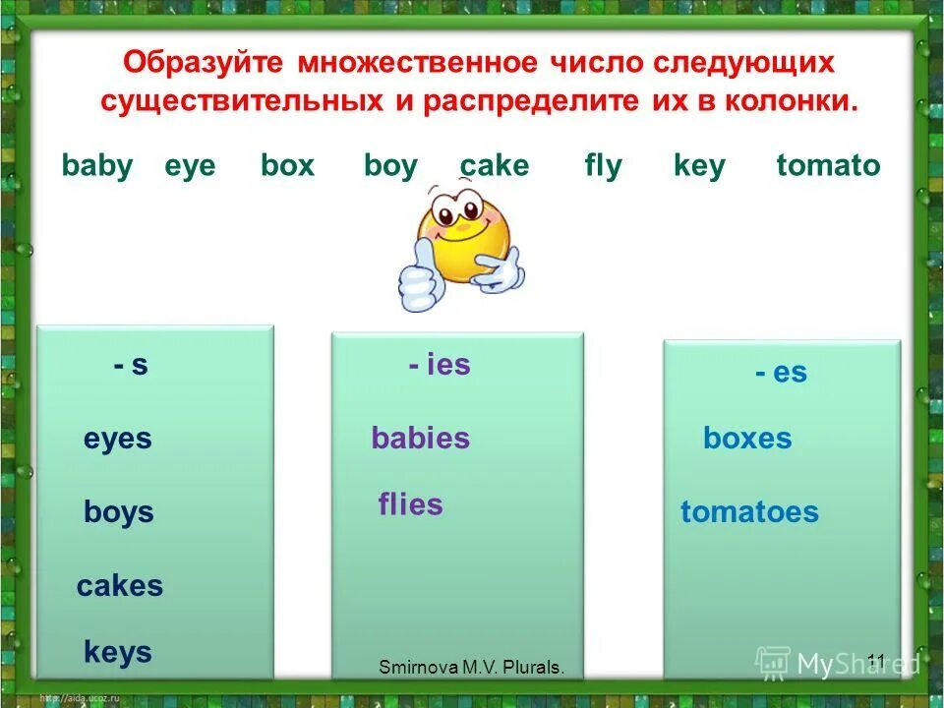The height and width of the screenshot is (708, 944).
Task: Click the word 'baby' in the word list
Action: click(x=96, y=165)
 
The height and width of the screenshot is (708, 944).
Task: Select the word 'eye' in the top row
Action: click(x=189, y=166)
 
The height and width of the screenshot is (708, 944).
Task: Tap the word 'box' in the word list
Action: click(x=287, y=165)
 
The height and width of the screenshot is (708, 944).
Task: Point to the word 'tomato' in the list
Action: click(x=828, y=165)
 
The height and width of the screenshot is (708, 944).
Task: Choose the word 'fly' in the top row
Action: click(x=603, y=166)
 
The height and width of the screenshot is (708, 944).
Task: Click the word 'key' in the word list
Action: click(x=699, y=166)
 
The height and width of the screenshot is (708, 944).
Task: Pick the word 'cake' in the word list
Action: click(x=495, y=165)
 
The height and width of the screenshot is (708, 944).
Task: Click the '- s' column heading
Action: click(x=130, y=366)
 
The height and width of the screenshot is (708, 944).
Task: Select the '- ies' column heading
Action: click(x=440, y=366)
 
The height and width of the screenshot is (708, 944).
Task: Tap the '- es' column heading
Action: click(x=781, y=373)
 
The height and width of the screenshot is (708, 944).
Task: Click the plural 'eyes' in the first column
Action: click(x=118, y=439)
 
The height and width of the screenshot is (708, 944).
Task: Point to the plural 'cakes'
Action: click(x=120, y=586)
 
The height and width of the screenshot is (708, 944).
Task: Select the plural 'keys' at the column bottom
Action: click(x=118, y=652)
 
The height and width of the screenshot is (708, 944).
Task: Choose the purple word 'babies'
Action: click(x=420, y=439)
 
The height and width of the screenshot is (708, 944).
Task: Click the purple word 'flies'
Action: click(x=410, y=505)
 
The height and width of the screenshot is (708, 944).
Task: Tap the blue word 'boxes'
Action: click(x=747, y=439)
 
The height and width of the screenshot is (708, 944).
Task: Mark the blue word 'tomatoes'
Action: click(x=749, y=512)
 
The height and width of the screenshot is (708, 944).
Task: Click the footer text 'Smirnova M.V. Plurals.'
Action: click(x=472, y=668)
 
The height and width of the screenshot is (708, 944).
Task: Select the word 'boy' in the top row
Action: click(x=390, y=166)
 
